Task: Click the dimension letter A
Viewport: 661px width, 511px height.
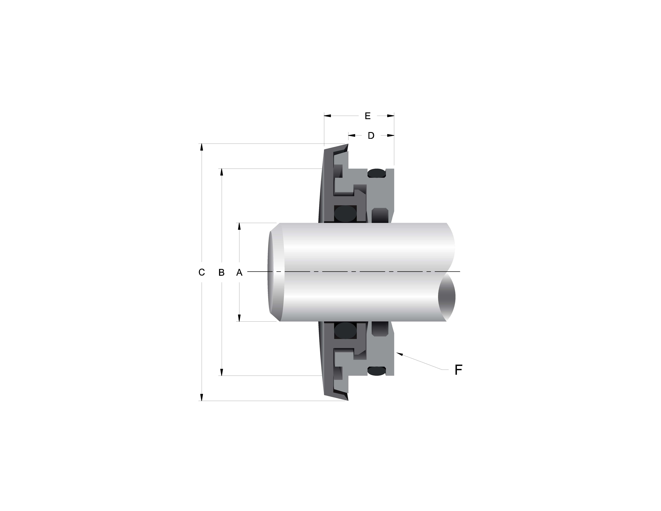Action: tap(239, 272)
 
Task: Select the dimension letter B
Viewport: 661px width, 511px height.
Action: tap(222, 272)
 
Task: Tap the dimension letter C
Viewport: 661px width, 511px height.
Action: tap(202, 272)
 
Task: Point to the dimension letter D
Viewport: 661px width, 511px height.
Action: tap(371, 136)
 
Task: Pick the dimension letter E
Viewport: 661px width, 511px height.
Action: tap(368, 116)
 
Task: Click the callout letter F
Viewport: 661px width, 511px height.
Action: tap(458, 370)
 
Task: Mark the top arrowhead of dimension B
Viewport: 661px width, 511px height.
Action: tap(222, 172)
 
